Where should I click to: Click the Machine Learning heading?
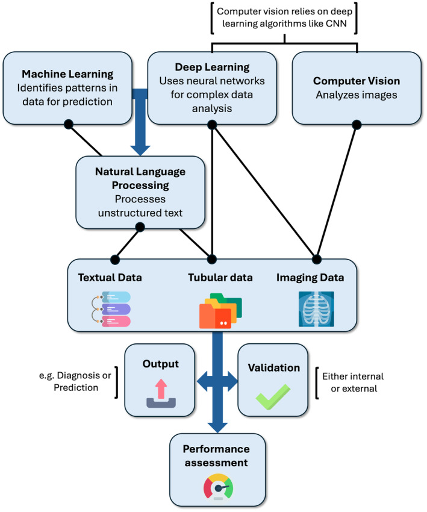point(67,74)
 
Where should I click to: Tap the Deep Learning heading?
point(212,67)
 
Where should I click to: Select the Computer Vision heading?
point(357,81)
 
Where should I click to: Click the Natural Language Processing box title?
point(140,178)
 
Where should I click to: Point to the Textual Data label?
point(110,278)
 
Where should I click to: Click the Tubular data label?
point(220,278)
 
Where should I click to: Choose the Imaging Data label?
point(310,278)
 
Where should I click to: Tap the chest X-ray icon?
point(316,309)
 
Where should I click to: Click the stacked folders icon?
point(220,311)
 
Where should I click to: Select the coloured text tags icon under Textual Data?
point(111,309)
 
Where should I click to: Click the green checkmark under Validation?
point(273,397)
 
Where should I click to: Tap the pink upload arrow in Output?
point(161,389)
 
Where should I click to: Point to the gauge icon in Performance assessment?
point(219,487)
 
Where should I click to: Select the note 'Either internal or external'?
point(353,382)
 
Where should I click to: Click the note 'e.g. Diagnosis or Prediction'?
point(75,381)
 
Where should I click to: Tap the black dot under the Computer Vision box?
point(357,125)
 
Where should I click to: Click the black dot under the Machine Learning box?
point(69,125)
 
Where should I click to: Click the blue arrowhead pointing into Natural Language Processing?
point(140,150)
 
